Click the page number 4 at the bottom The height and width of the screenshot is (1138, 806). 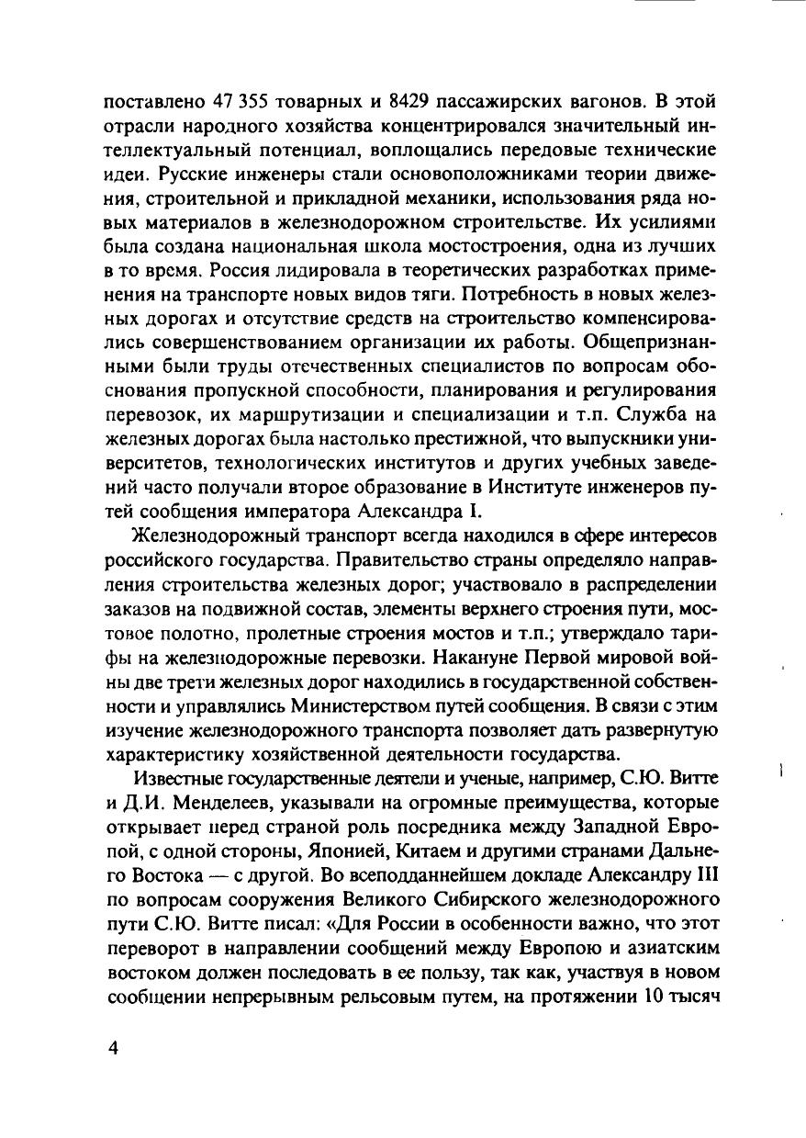[114, 1050]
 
